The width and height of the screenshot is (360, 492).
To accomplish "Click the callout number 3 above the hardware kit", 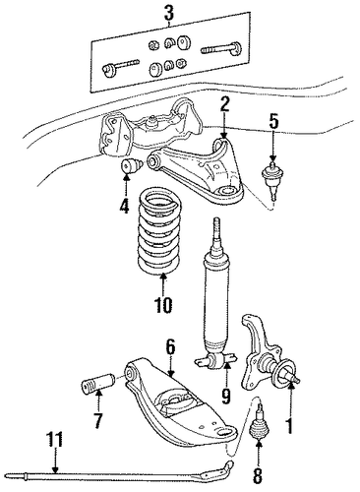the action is [168, 14].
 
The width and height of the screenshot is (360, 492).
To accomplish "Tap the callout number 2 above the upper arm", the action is [224, 105].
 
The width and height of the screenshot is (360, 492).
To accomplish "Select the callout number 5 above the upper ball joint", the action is [273, 121].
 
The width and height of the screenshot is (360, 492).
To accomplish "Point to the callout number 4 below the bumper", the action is [125, 207].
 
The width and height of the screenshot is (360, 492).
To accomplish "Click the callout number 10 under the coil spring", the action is [163, 305].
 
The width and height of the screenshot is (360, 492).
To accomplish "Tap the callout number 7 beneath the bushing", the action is [98, 421].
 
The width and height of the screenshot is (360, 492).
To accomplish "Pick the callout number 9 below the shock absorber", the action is [226, 397].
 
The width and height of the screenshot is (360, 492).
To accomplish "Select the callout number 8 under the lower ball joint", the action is [259, 476].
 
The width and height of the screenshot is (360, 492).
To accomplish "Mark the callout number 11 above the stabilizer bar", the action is [54, 440].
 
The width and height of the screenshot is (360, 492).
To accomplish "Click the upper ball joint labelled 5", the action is [274, 181].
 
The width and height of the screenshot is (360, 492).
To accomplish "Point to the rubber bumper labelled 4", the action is [132, 166].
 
